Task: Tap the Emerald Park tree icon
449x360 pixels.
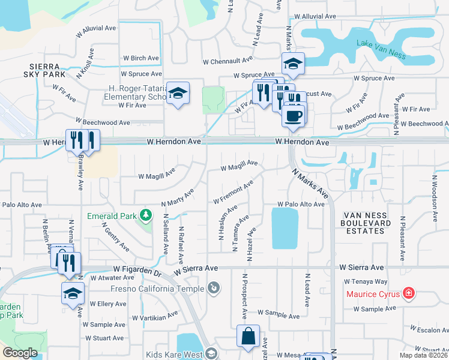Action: point(145,215)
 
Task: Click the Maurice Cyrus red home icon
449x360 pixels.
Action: point(408,293)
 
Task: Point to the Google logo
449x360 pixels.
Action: point(20,352)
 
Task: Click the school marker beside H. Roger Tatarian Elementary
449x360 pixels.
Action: point(178,93)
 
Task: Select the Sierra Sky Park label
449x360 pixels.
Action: point(43,71)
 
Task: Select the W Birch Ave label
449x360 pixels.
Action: point(141,58)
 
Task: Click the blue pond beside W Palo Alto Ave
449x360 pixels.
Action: point(285,228)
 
